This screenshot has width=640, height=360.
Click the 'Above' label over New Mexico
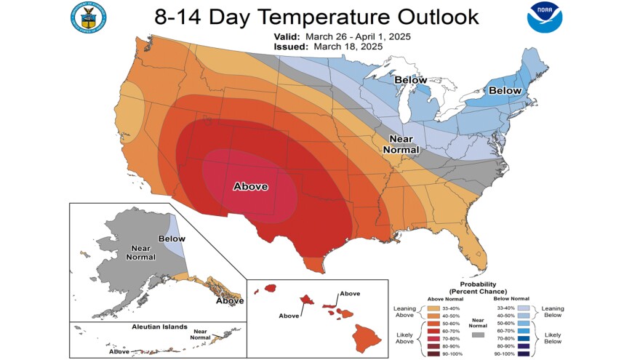point(251,187)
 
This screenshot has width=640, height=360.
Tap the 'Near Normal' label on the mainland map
point(401,144)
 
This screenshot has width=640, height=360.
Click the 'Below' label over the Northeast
point(505,90)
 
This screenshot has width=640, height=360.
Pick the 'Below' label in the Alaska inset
point(172,239)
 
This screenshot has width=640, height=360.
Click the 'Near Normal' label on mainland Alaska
point(140,252)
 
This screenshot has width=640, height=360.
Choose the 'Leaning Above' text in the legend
point(404,312)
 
